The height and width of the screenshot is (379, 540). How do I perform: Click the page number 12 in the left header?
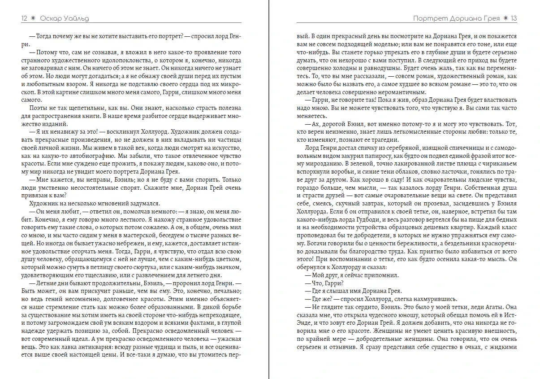coord(24,18)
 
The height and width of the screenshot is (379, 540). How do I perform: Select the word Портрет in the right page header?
coord(431,18)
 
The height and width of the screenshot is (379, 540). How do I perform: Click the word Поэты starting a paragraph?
coord(38,109)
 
